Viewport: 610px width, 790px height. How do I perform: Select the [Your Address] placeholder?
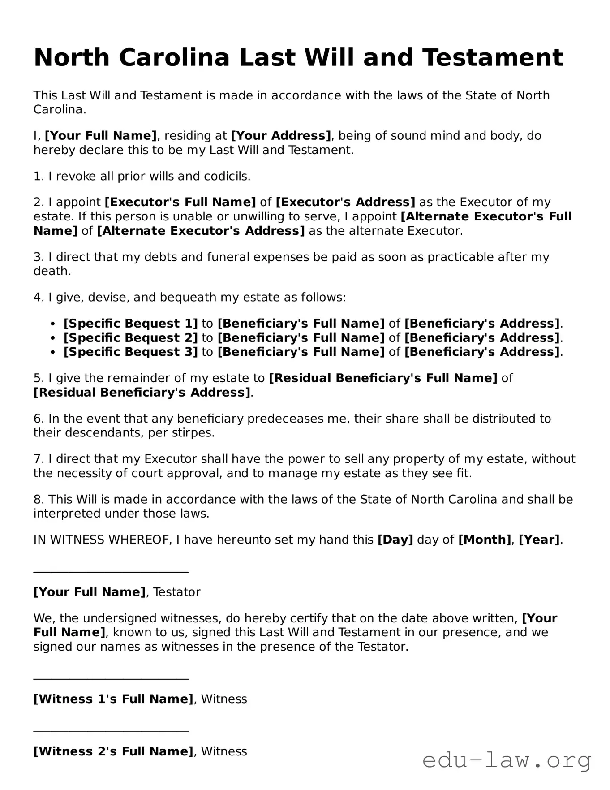[x=281, y=136]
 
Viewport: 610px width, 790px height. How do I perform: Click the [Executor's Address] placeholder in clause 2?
[x=345, y=203]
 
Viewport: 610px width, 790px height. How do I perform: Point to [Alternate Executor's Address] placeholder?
[x=201, y=231]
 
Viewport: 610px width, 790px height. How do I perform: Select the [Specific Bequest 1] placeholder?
[x=130, y=324]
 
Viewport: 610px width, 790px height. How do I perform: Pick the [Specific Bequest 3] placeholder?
[x=130, y=352]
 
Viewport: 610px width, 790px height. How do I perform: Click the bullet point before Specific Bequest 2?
[x=53, y=338]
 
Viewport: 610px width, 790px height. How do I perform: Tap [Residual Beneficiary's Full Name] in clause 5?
[x=383, y=378]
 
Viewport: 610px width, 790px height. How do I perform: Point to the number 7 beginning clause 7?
[x=37, y=459]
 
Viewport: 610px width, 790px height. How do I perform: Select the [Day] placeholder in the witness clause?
[x=395, y=540]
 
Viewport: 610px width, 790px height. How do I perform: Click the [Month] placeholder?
[x=485, y=540]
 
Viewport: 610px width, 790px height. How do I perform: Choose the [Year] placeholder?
[x=539, y=540]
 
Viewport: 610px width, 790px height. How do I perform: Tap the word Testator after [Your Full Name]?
[x=176, y=592]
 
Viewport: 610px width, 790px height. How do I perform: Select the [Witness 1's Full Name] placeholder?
[x=113, y=699]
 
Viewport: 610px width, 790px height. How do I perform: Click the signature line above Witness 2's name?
[x=111, y=732]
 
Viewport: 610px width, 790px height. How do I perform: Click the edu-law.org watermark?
[x=507, y=761]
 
